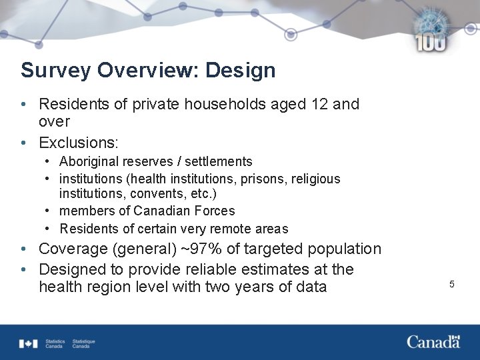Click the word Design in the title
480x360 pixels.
241,70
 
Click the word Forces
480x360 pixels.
213,211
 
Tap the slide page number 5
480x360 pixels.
451,285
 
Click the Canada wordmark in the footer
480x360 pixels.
433,342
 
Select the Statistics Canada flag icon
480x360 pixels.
29,343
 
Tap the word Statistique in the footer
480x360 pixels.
84,341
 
